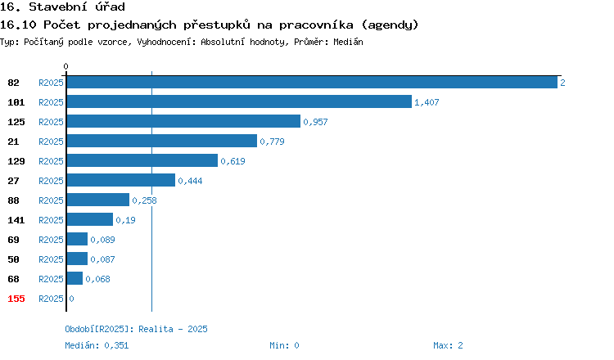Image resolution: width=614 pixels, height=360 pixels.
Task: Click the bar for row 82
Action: pos(312,82)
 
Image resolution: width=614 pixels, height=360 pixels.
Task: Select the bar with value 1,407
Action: pos(239,101)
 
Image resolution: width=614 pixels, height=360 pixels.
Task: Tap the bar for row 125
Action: pos(183,121)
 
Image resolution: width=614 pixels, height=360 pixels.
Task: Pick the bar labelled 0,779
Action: pos(162,141)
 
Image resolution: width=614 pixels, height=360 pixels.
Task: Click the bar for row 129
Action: pos(142,160)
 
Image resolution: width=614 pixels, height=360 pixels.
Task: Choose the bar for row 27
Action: pos(121,180)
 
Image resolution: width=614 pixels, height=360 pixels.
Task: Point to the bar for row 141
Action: pos(90,219)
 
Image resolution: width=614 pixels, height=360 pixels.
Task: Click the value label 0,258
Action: pos(144,200)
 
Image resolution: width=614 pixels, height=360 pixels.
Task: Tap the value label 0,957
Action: pos(316,122)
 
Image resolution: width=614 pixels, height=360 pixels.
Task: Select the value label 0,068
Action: pos(98,279)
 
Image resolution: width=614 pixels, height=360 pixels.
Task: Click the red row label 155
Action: pos(16,299)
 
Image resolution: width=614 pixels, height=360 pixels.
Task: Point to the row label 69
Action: pos(13,240)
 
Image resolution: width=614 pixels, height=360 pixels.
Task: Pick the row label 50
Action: pos(13,259)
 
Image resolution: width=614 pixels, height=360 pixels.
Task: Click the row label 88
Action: pos(13,200)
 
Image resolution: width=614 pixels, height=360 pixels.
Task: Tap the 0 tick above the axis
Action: pos(65,66)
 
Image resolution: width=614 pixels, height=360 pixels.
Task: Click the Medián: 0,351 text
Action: pos(97,345)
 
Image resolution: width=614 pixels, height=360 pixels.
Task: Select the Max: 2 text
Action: pos(448,345)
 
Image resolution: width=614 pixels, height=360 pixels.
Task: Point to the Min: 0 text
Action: pos(284,345)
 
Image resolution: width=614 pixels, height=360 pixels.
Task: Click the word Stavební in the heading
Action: pos(58,7)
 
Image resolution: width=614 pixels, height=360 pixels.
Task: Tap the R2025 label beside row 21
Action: pos(51,142)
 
